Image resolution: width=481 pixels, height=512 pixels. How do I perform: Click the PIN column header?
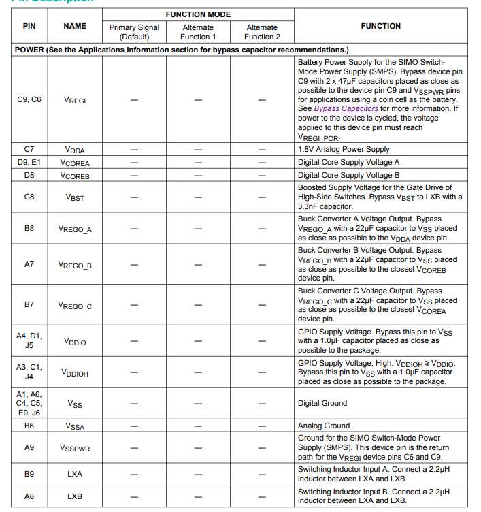point(29,26)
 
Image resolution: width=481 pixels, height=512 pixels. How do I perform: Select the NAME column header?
point(75,26)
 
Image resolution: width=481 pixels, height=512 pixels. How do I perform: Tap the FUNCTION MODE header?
point(198,14)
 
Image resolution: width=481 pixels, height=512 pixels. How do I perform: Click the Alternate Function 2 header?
point(262,32)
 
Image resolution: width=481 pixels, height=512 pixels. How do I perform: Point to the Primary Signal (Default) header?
point(134,32)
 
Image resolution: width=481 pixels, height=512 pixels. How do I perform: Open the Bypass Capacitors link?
point(346,108)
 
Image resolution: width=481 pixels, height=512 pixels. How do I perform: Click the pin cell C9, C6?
point(29,99)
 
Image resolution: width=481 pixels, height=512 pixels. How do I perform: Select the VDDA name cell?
point(75,149)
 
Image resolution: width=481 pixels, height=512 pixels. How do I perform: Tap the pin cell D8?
point(29,175)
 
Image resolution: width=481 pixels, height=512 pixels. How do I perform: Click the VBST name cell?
point(75,197)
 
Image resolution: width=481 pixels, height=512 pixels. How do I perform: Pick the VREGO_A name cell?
point(75,229)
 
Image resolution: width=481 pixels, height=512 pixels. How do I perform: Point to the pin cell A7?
point(29,264)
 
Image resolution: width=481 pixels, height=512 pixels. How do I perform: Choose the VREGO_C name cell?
point(75,306)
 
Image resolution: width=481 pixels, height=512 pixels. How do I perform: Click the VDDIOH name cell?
point(75,372)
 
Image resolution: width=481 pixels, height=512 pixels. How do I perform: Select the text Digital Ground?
point(322,403)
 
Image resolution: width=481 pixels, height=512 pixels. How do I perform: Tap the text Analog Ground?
point(324,426)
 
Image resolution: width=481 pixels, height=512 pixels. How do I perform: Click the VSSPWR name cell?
point(75,448)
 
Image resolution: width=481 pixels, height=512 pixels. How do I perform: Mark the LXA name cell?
point(75,474)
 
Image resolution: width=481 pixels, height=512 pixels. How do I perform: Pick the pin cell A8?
point(29,496)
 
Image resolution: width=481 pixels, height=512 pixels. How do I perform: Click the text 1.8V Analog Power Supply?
point(344,149)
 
